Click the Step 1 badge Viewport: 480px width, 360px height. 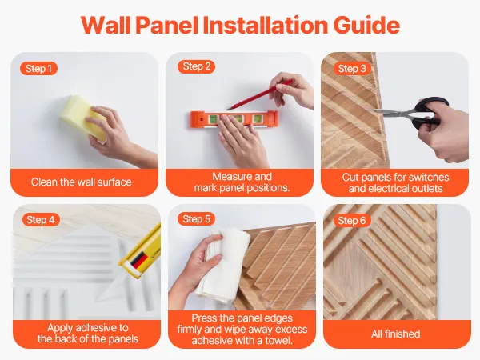[x=38, y=69]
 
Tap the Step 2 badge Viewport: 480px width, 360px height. [x=196, y=66]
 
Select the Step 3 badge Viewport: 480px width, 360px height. [x=352, y=69]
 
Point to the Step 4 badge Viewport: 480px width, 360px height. [x=41, y=219]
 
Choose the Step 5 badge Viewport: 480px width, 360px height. [x=196, y=219]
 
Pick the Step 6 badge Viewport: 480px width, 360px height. [x=352, y=221]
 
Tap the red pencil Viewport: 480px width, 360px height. [x=259, y=94]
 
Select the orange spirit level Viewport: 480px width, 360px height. [x=234, y=119]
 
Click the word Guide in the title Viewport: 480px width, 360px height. [x=366, y=25]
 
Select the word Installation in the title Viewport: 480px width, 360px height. [x=266, y=25]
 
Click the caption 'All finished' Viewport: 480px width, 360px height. [x=395, y=334]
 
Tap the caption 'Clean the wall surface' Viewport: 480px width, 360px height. [x=81, y=182]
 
